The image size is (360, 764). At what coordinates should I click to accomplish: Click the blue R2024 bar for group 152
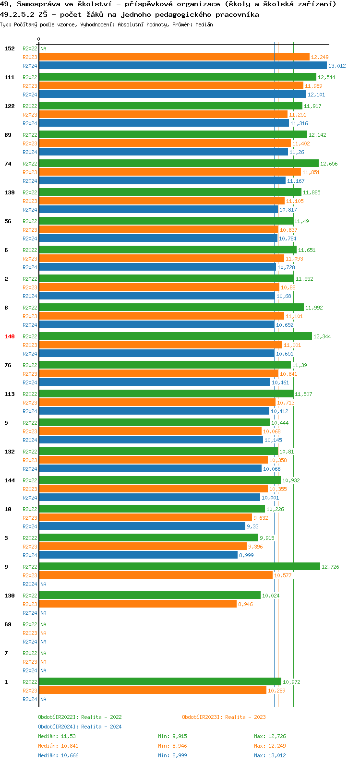coord(182,66)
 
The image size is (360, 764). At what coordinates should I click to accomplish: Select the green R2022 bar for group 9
coord(180,567)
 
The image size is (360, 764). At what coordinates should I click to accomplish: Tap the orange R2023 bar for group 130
coord(138,604)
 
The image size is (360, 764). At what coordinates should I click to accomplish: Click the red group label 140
coord(10,336)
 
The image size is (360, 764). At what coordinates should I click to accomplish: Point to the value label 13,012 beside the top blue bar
coord(337,66)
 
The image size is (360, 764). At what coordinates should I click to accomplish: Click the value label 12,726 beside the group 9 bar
coord(330,567)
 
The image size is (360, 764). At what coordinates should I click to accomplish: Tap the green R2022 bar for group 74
coord(179,164)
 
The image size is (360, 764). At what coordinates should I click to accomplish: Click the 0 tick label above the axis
coord(39,39)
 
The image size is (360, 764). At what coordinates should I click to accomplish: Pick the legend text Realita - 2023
coord(245,717)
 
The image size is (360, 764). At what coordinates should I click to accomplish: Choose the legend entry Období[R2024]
coord(58,727)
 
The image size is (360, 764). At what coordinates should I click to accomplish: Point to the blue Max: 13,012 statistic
coord(270,755)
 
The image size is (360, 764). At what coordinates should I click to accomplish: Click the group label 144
coord(10,480)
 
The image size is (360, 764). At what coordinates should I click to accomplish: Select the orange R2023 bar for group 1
coord(153,691)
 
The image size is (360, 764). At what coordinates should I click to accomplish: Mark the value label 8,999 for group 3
coord(246,555)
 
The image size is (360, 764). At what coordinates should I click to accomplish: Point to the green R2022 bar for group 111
coord(178,77)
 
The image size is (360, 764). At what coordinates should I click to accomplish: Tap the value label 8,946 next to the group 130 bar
coord(245,604)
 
